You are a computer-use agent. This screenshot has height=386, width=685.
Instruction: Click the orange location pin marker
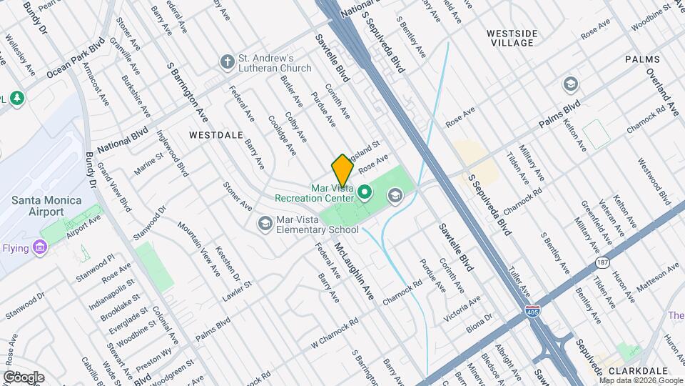point(342,170)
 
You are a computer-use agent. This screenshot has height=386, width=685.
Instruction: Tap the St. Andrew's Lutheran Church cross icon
point(228,61)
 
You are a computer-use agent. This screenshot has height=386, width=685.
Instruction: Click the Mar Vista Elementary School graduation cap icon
point(265,224)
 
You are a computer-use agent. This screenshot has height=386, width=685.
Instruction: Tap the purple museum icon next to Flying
point(41,248)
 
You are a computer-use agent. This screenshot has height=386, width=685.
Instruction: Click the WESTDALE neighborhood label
point(216,134)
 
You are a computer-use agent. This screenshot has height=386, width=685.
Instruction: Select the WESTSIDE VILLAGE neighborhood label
point(519,38)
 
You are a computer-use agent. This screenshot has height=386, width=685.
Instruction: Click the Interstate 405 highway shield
point(544,311)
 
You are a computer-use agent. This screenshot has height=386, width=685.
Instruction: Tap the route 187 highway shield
point(604,263)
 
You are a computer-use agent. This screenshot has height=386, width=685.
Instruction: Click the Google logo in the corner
point(23,377)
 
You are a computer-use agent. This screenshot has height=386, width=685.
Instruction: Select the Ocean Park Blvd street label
point(76,58)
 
